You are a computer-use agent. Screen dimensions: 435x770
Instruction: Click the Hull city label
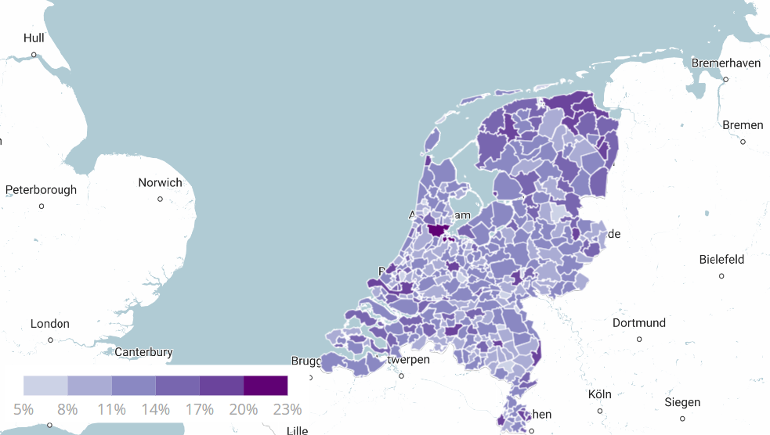[x=34, y=38]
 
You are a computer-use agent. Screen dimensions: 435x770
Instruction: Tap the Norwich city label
[x=160, y=182]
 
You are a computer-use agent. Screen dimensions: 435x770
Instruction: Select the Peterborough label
[x=41, y=189]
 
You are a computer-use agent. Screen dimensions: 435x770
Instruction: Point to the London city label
[x=50, y=323]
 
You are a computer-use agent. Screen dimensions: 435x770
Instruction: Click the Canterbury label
[x=143, y=352]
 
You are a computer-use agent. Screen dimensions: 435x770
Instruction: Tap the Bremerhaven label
[x=726, y=63]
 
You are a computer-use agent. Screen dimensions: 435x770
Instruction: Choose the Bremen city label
[x=743, y=125]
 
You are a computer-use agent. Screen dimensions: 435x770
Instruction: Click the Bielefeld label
[x=721, y=259]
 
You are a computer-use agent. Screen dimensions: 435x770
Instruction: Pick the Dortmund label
[x=639, y=322]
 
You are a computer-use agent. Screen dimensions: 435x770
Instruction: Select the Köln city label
[x=600, y=394]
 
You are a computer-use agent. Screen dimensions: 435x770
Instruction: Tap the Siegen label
[x=682, y=402]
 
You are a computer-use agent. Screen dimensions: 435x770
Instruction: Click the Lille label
[x=297, y=430]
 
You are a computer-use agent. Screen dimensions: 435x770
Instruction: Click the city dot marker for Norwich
[x=160, y=199]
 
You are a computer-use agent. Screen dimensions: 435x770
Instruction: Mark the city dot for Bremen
[x=743, y=142]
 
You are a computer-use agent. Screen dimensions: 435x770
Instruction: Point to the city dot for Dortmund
[x=639, y=339]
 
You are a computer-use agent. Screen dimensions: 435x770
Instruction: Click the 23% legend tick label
[x=287, y=409]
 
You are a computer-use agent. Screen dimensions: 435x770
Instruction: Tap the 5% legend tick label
[x=23, y=409]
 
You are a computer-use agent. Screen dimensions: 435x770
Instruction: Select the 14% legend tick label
[x=156, y=409]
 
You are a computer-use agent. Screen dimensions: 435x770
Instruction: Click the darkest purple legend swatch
[x=266, y=385]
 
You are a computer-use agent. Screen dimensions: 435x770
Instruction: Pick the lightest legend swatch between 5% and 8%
[x=45, y=385]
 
